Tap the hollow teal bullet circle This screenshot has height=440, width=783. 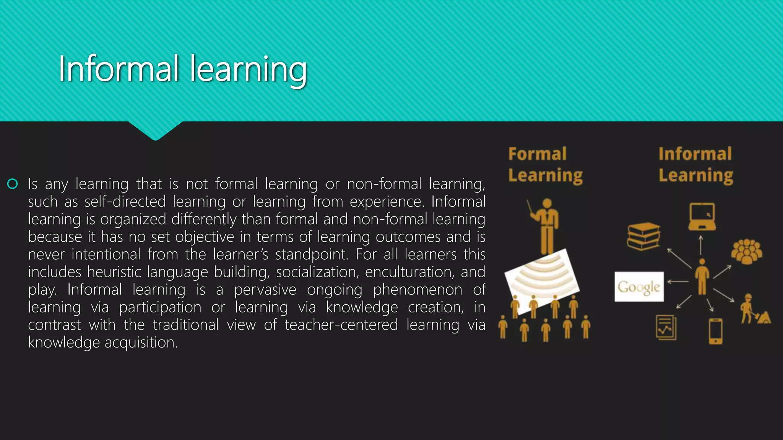[x=13, y=184]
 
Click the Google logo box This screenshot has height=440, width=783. [x=639, y=286]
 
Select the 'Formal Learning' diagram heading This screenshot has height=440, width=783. [x=545, y=165]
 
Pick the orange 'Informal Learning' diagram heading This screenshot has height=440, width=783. [x=695, y=165]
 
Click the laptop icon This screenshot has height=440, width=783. [x=702, y=217]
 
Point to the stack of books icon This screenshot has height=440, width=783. [x=644, y=236]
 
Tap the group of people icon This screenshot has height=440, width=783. [x=746, y=251]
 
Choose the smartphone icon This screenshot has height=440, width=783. [x=715, y=331]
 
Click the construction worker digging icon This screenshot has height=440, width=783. [x=754, y=309]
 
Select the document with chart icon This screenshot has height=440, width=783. [x=666, y=327]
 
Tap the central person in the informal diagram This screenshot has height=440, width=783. [x=702, y=277]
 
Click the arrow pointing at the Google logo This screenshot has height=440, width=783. [x=678, y=282]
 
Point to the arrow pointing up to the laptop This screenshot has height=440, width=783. [x=701, y=245]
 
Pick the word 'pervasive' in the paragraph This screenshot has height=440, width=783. [x=265, y=290]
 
